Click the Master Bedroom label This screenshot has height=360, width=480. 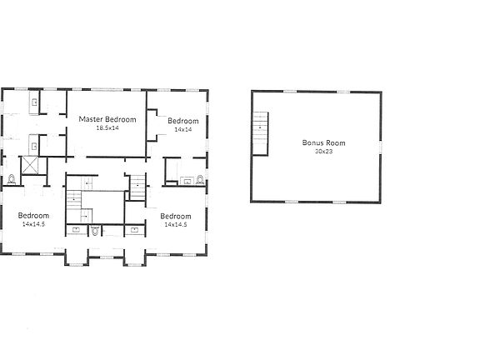click(x=107, y=119)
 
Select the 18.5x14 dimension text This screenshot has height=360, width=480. click(x=107, y=128)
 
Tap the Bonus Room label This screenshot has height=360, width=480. click(x=323, y=142)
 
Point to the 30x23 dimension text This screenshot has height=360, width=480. click(x=323, y=152)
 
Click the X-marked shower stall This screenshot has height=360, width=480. click(x=31, y=164)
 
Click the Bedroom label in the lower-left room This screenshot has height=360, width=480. click(x=32, y=216)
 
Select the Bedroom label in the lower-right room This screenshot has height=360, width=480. click(x=176, y=216)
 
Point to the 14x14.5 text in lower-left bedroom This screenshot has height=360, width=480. click(x=32, y=224)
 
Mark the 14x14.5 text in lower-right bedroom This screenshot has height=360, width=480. click(x=176, y=224)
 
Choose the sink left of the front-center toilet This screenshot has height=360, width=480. click(x=77, y=227)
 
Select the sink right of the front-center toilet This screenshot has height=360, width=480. click(x=135, y=227)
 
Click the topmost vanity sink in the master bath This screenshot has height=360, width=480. click(x=34, y=103)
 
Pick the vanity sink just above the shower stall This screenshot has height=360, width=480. click(x=34, y=142)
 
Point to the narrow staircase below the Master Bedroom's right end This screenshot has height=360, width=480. click(x=137, y=187)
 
